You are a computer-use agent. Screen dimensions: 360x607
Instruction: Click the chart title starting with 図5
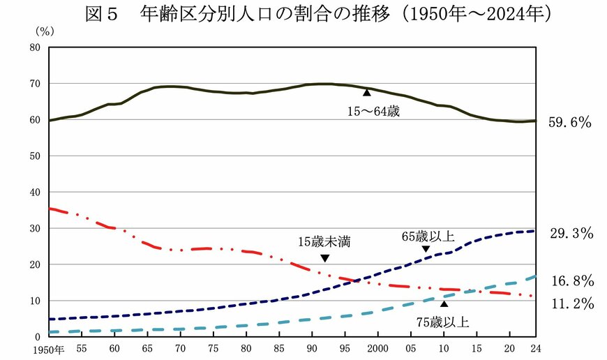coord(303,14)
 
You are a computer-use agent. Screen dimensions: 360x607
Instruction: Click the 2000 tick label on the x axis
coord(377,348)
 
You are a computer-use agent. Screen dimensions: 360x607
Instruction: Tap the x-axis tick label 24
coord(536,348)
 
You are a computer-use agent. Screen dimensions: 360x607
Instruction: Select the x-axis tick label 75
coord(213,348)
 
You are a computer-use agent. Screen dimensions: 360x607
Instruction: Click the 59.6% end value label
coord(571,123)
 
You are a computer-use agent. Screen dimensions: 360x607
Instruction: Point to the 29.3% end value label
coord(571,234)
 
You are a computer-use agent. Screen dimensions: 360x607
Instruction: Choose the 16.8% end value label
coord(571,281)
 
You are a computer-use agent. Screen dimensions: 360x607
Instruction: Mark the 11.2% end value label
coord(571,303)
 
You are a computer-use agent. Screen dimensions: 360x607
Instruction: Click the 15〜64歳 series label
coord(374,110)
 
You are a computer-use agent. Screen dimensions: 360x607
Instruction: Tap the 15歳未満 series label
coord(324,242)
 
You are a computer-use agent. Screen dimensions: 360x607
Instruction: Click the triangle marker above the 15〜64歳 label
coord(366,92)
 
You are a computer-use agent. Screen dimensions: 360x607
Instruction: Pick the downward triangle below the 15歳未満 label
coord(324,258)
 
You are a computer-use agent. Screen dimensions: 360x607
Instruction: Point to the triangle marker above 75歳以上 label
coord(444,303)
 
